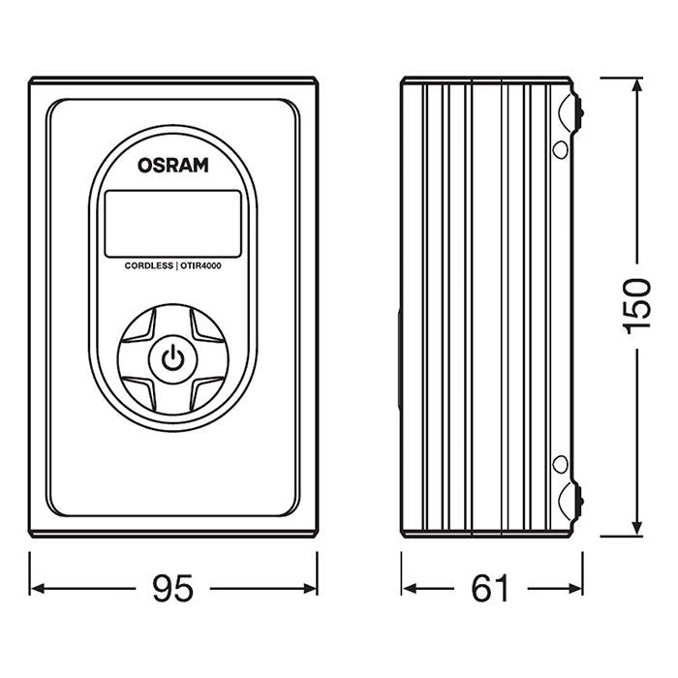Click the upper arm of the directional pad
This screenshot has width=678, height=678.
[172, 324]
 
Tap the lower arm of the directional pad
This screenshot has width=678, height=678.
[172, 396]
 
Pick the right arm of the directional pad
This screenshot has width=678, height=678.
[209, 360]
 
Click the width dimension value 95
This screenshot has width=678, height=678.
[174, 588]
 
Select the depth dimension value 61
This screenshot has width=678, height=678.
[490, 588]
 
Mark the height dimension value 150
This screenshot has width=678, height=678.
[636, 306]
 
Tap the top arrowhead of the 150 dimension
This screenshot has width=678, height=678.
[636, 86]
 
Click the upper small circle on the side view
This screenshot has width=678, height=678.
[560, 149]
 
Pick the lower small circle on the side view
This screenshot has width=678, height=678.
[560, 464]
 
